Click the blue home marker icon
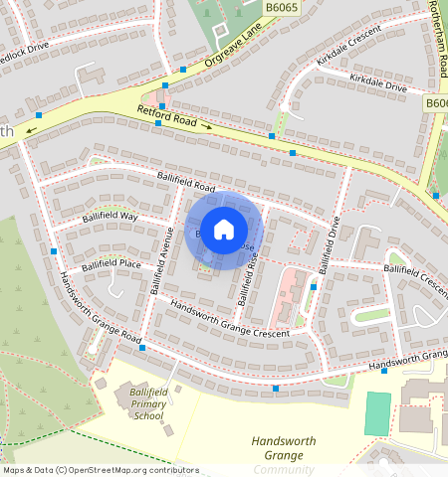(x=224, y=230)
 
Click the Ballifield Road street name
(x=186, y=181)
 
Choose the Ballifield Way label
(x=111, y=216)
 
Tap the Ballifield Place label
(x=111, y=264)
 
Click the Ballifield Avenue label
(x=161, y=260)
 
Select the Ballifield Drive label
(x=329, y=245)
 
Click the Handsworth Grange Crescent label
(x=229, y=319)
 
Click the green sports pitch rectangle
(x=377, y=414)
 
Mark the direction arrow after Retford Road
(x=207, y=126)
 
